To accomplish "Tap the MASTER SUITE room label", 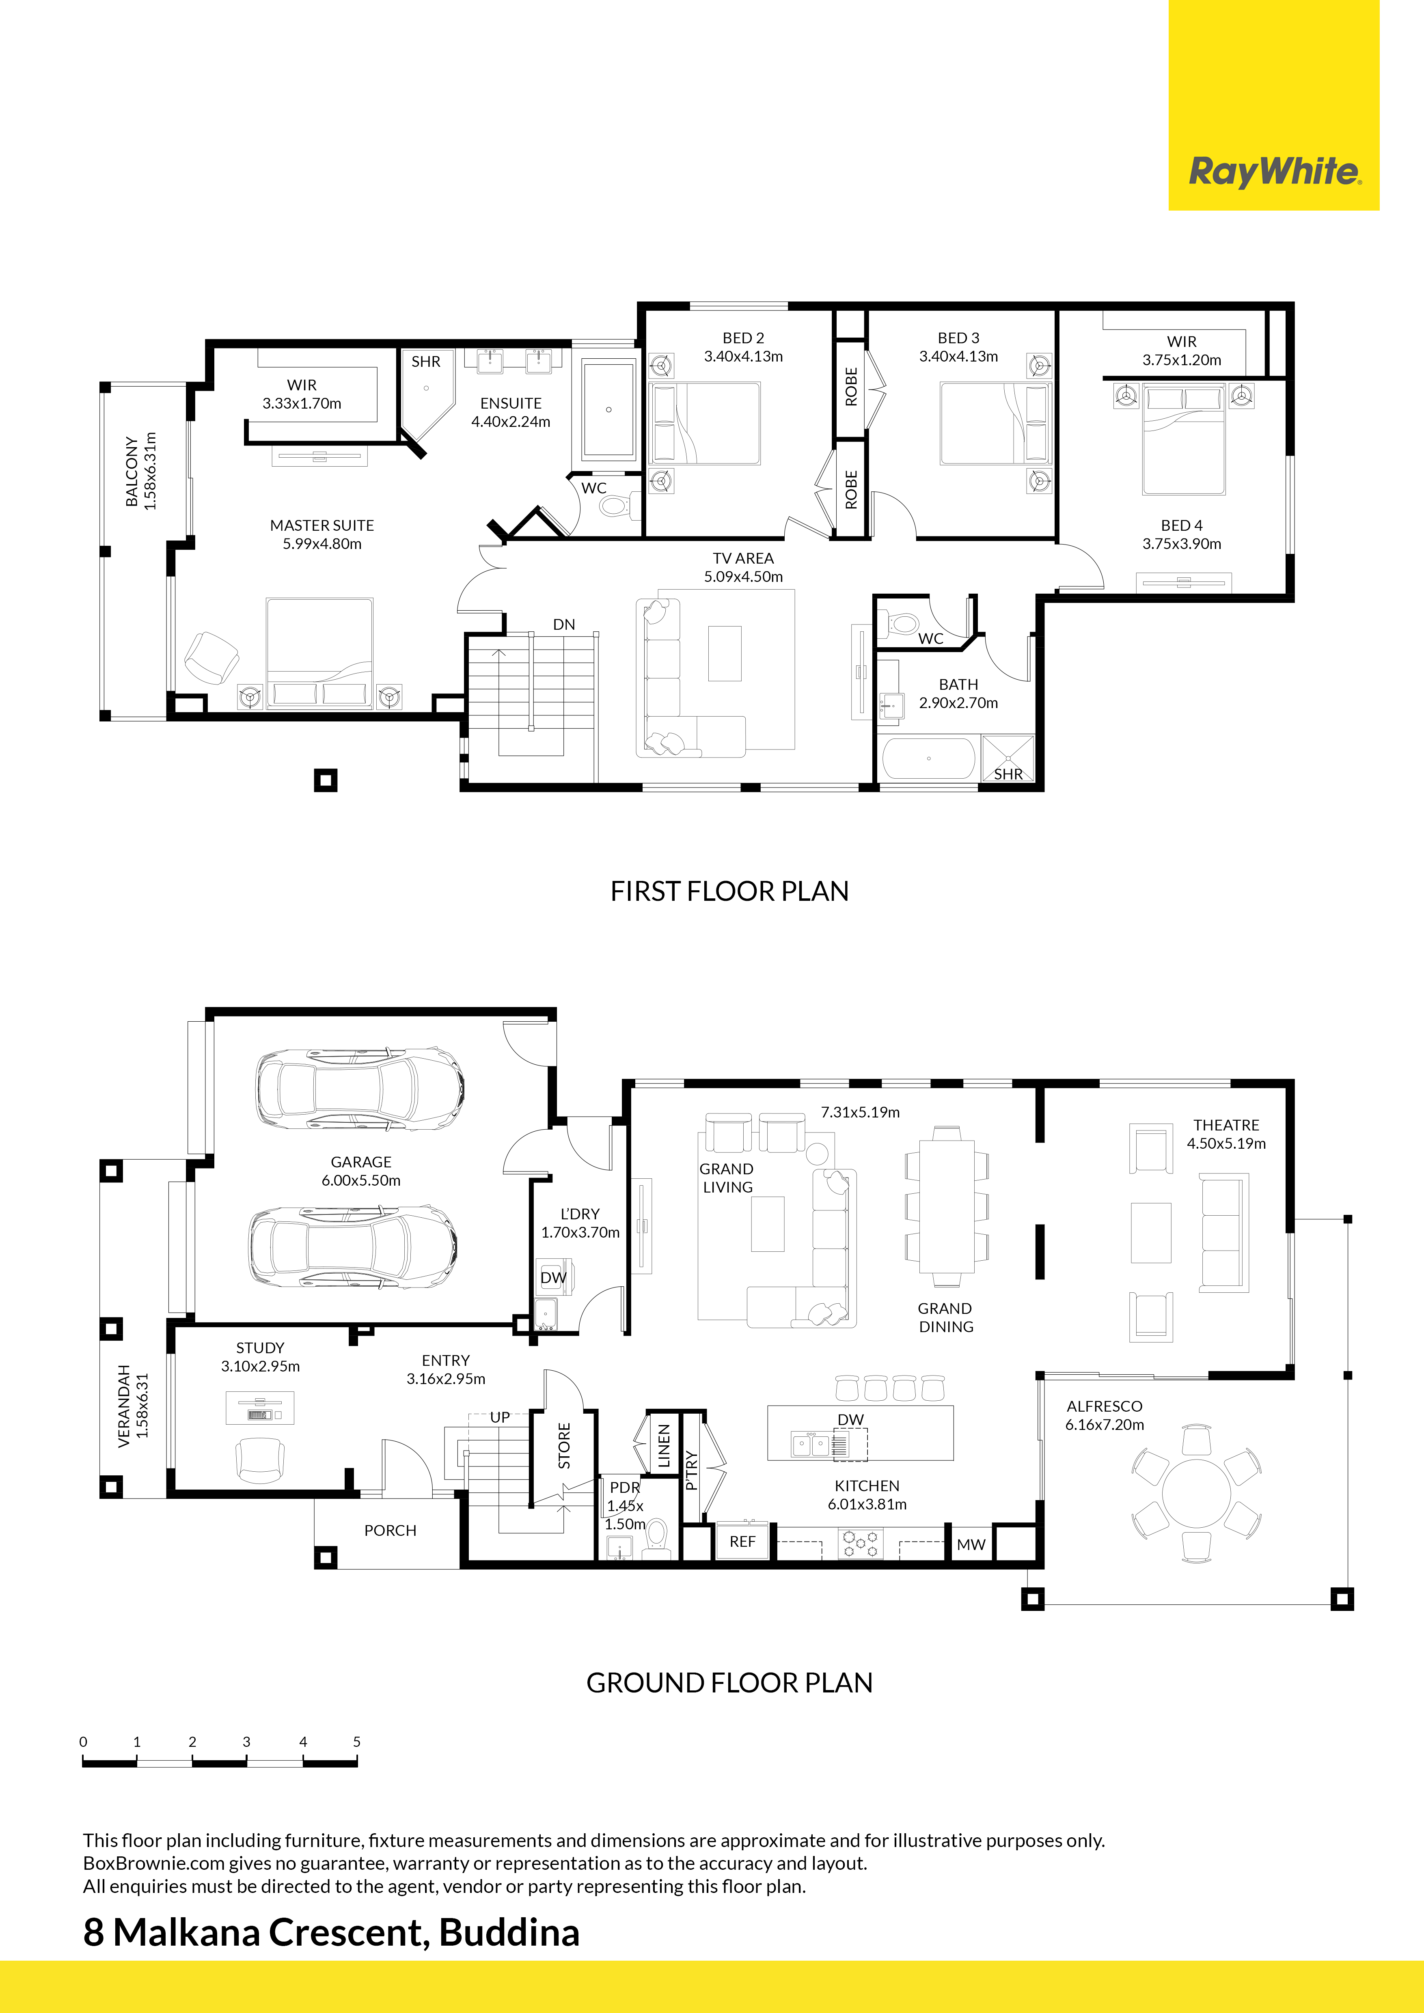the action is [x=322, y=525].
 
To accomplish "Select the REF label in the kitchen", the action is [x=742, y=1542].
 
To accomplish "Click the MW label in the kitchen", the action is [x=971, y=1544].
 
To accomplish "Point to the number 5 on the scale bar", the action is [x=357, y=1741].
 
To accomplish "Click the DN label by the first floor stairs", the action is [x=564, y=624].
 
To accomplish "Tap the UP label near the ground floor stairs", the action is [x=500, y=1417].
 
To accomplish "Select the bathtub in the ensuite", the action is [x=608, y=409].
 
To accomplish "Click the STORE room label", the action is [x=564, y=1446].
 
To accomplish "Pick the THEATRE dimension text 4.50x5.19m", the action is [x=1226, y=1143].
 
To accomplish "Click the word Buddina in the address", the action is [x=509, y=1932].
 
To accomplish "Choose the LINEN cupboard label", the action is [x=664, y=1446].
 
